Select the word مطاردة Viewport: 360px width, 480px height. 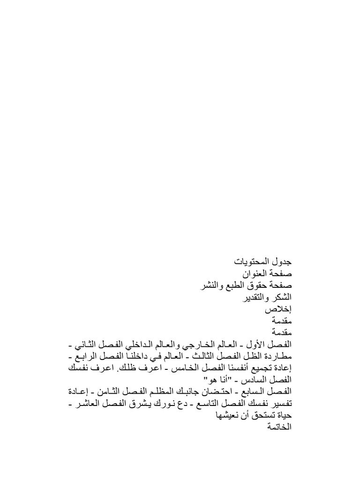point(277,358)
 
